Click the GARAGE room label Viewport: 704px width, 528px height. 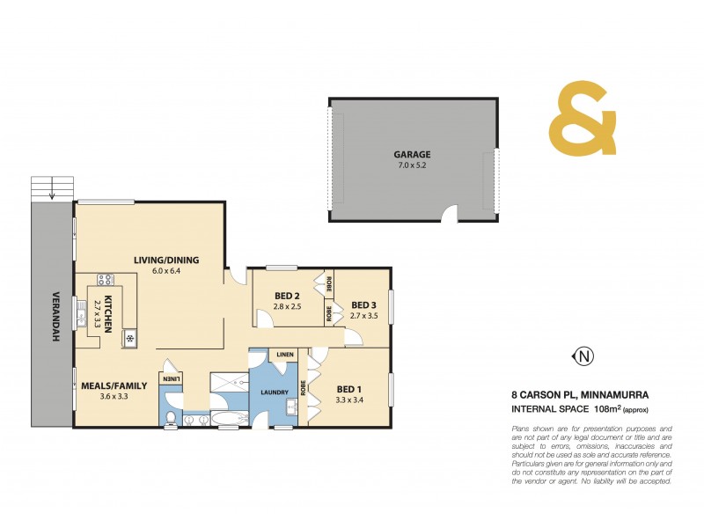(412, 154)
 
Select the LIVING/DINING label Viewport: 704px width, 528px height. (166, 260)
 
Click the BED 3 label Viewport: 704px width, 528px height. (363, 304)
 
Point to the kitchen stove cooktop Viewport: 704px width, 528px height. (106, 281)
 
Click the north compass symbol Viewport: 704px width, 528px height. (583, 356)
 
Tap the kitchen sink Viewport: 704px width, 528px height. (129, 337)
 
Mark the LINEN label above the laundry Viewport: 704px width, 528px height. (284, 355)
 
